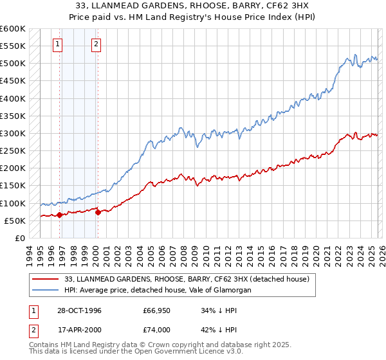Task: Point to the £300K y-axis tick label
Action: tap(13, 133)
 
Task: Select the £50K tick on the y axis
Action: tap(15, 221)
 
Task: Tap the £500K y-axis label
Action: tap(13, 64)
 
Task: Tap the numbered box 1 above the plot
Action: tap(58, 44)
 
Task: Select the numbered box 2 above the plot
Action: tap(96, 44)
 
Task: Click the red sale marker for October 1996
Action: tap(60, 215)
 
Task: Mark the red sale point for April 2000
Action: tap(98, 212)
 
